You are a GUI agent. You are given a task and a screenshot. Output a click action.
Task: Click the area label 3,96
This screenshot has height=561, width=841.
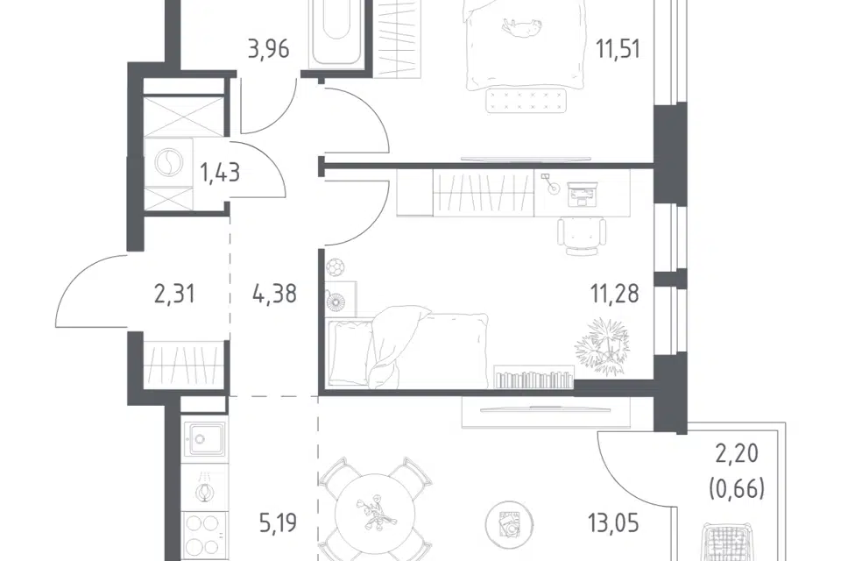pyautogui.click(x=269, y=49)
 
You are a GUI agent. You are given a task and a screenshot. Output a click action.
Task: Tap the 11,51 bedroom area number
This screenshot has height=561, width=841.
pyautogui.click(x=618, y=49)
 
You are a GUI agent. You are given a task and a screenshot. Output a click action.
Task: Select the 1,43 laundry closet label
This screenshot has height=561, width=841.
pyautogui.click(x=219, y=173)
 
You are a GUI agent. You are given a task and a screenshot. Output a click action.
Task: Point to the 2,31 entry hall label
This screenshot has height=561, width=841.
pyautogui.click(x=174, y=295)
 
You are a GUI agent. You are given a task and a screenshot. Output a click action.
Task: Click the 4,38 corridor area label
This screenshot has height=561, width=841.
pyautogui.click(x=274, y=295)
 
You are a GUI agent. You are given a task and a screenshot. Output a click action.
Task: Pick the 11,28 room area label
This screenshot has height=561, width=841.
pyautogui.click(x=615, y=295)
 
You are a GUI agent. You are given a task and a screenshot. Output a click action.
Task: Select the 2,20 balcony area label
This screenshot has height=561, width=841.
pyautogui.click(x=737, y=454)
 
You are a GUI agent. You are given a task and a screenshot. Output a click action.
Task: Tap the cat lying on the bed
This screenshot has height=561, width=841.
pyautogui.click(x=519, y=27)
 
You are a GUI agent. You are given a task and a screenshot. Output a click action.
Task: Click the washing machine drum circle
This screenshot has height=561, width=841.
pyautogui.click(x=168, y=161)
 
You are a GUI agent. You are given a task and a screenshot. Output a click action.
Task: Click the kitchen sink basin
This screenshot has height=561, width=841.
pyautogui.click(x=204, y=438)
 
